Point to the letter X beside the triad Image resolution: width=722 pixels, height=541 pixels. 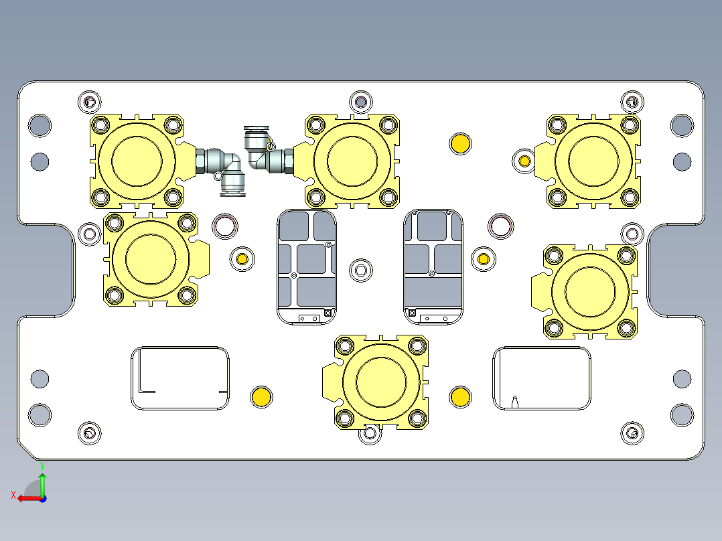tap(13, 495)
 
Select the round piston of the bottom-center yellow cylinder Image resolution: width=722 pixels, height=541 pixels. tap(381, 381)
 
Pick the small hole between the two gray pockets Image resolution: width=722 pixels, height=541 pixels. tap(361, 270)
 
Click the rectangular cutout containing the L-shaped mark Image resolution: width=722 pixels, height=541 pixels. tap(179, 378)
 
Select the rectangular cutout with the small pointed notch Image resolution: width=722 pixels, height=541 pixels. tap(542, 378)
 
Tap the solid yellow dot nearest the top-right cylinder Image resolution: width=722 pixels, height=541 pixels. tap(460, 143)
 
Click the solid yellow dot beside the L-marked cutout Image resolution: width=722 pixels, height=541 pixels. tap(261, 396)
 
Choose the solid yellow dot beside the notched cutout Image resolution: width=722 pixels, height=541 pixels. tap(460, 396)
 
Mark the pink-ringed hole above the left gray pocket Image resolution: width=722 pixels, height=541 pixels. tap(224, 226)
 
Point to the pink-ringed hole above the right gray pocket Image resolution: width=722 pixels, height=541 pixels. tap(500, 226)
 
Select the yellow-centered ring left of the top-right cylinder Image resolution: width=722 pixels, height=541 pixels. tap(524, 161)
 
